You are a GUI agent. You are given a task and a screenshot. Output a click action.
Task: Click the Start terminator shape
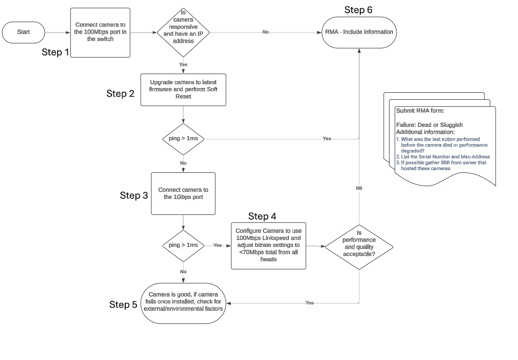coord(23,32)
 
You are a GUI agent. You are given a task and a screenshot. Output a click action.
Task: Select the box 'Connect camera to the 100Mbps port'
coord(101,32)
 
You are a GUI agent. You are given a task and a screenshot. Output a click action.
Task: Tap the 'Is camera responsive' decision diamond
coord(183,32)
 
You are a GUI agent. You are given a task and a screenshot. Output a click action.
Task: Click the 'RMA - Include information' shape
coord(359,32)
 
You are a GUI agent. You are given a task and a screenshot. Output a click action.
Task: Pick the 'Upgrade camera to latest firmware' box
coord(183,90)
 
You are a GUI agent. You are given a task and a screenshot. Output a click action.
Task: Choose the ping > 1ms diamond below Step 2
coord(183,139)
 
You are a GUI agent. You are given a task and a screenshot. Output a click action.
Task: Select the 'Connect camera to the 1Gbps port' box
coord(183,193)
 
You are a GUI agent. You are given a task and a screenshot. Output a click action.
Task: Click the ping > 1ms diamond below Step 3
coord(183,245)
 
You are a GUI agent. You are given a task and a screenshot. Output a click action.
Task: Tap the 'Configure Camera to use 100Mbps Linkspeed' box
coord(269,245)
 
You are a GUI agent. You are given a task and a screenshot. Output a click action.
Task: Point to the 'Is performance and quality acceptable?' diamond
coord(359,246)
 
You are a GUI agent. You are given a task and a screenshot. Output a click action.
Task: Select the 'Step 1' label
coord(55,52)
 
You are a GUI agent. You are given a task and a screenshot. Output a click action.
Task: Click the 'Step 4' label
coord(262,216)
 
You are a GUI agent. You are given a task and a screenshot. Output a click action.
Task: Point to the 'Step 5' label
coord(123,305)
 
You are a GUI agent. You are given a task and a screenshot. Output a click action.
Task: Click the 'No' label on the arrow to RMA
coord(265,32)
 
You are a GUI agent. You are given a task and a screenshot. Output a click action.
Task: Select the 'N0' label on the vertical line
coord(359,188)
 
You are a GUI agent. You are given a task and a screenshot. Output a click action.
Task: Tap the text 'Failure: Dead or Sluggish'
coord(430,125)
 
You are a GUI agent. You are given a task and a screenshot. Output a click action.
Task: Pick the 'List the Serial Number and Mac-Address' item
coord(445,157)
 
